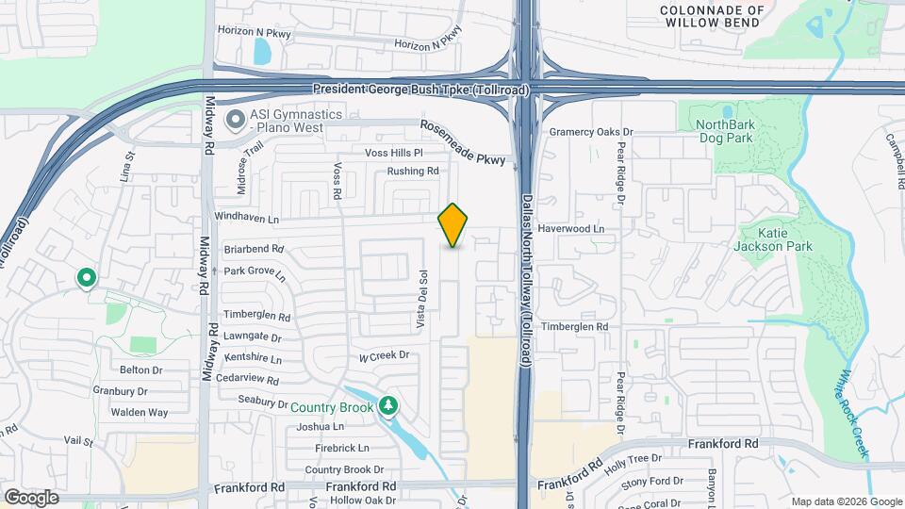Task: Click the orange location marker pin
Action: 453,224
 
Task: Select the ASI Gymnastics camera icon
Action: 235,121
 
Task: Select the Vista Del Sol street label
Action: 424,300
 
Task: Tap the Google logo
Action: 30,498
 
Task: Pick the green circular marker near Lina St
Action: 87,278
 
